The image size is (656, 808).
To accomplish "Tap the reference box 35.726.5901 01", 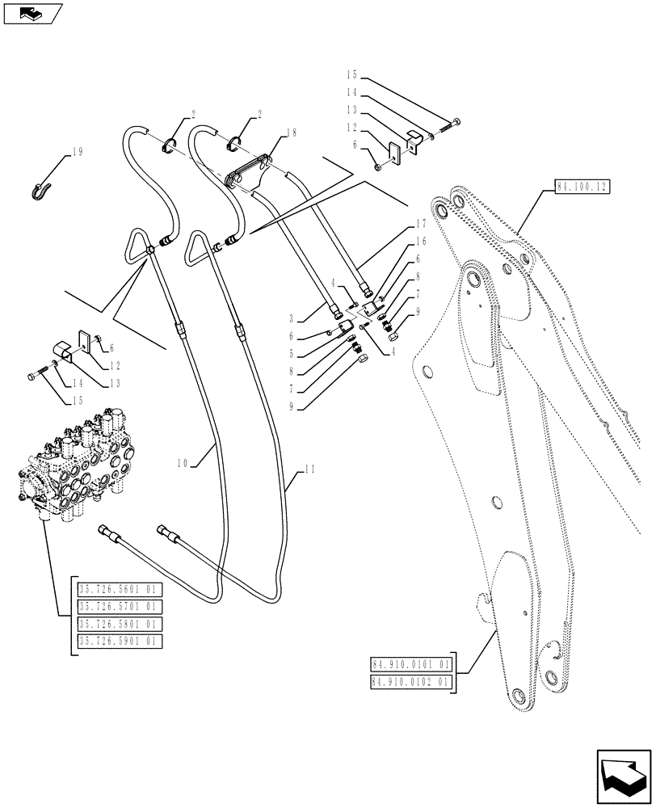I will tap(119, 641).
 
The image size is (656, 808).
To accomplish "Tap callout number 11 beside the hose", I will tap(310, 469).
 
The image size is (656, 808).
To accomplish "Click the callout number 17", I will tap(421, 223).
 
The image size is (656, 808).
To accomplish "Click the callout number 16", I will tap(421, 241).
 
